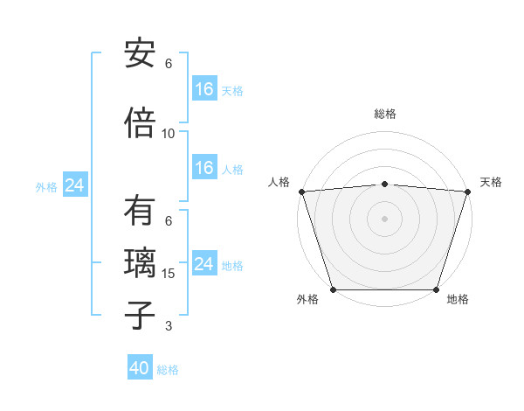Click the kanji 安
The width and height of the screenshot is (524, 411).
click(140, 53)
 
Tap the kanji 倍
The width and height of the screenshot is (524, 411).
click(140, 123)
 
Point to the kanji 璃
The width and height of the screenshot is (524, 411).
click(140, 263)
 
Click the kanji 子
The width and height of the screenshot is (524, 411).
click(140, 316)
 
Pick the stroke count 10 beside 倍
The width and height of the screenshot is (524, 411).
click(169, 134)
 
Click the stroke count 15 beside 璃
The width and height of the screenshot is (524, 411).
click(169, 274)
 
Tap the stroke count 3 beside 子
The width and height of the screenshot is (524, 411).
click(169, 326)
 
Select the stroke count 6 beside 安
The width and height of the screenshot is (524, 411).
click(169, 64)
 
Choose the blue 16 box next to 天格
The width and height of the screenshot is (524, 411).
click(204, 88)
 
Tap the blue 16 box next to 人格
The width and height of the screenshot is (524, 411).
click(204, 168)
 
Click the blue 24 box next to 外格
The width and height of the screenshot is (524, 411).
click(74, 185)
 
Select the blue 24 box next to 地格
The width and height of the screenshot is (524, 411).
click(204, 264)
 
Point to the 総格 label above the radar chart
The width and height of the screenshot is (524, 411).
click(384, 114)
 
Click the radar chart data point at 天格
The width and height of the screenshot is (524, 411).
click(467, 191)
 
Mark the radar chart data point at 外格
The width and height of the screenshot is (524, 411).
click(333, 289)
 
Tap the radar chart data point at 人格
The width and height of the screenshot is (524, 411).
click(301, 191)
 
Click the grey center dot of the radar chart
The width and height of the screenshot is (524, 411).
click(384, 218)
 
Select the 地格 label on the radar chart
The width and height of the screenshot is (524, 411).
click(458, 300)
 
